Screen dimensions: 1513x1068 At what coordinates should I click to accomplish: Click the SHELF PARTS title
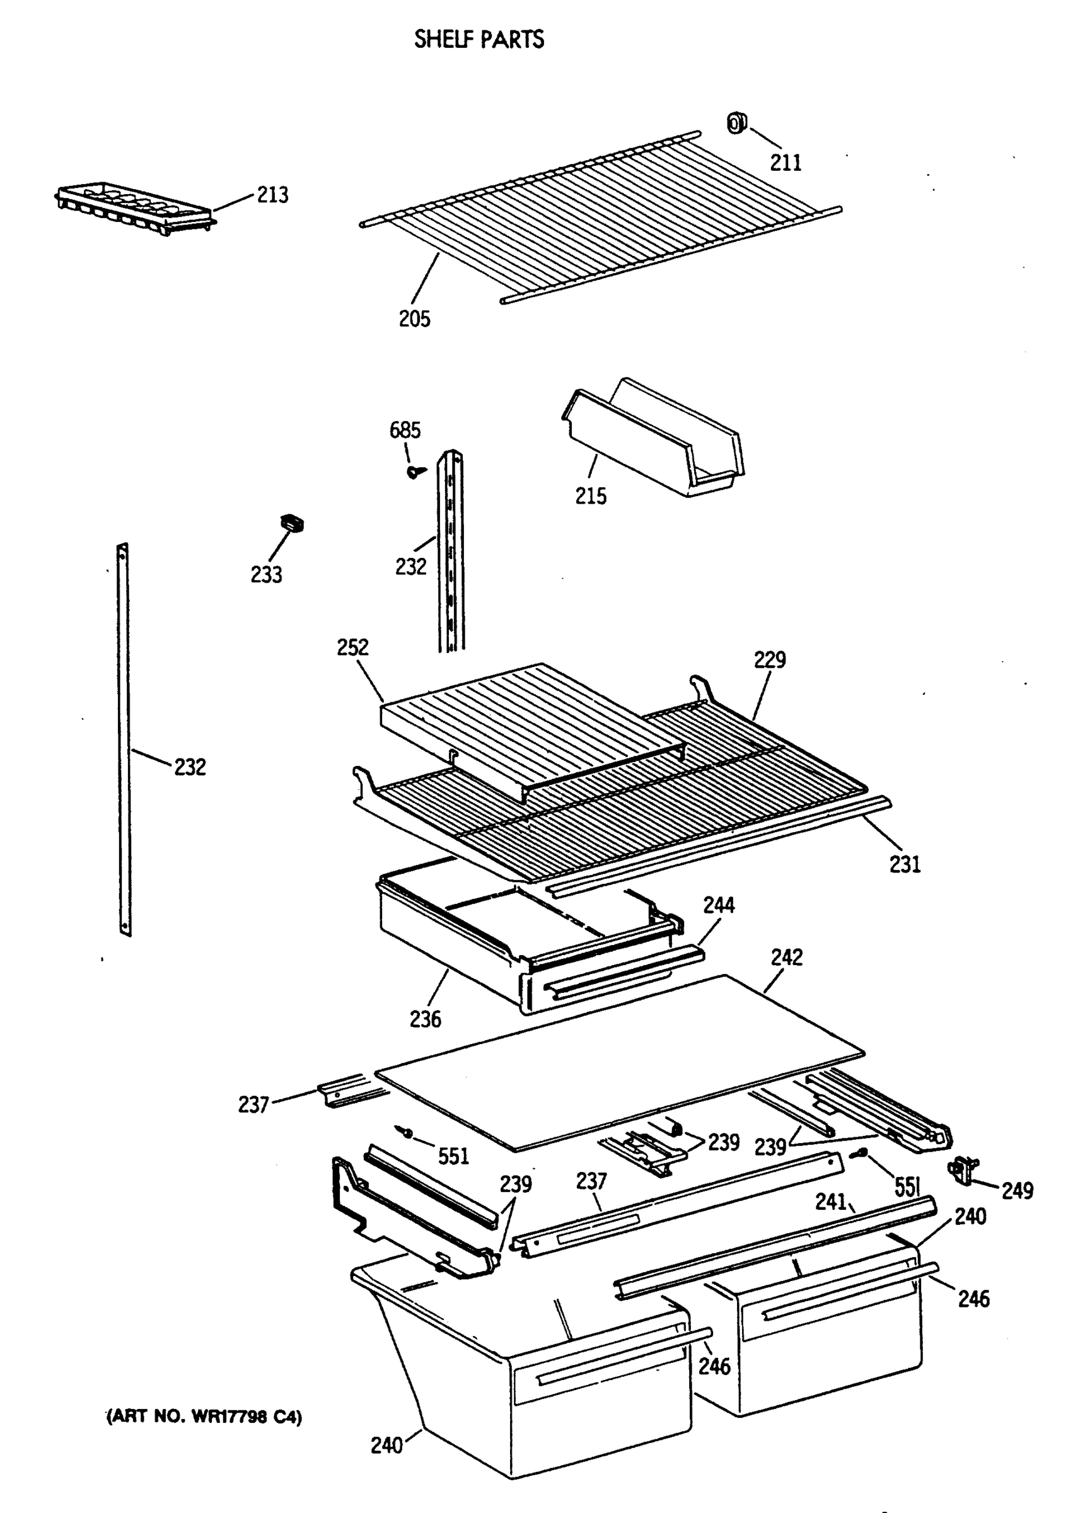479,40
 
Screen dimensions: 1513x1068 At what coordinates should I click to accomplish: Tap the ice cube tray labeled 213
134,208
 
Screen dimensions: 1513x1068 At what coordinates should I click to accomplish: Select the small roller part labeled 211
736,122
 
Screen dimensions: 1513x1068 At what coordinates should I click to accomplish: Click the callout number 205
414,319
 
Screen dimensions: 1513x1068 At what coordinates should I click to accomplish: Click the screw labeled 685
414,471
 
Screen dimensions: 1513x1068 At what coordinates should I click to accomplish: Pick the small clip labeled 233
293,523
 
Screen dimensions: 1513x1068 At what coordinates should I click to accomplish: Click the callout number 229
770,659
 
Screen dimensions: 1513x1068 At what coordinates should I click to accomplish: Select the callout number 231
905,864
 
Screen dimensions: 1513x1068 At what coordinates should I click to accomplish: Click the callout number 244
718,905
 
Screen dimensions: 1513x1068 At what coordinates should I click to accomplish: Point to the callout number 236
426,1019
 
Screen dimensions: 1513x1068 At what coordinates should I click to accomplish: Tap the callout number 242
787,958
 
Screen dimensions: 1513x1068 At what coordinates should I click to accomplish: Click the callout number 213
272,195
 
